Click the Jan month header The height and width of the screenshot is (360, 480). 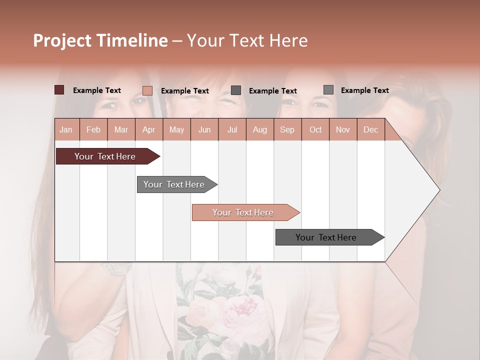point(66,129)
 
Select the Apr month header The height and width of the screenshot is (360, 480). point(148,129)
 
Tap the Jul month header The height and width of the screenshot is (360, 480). point(232,129)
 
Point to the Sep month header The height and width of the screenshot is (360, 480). point(287,129)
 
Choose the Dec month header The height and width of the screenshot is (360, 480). point(370,129)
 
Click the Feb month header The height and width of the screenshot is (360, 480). point(93,129)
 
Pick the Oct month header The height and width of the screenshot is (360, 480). point(315,129)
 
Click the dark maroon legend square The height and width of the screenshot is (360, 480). point(59,90)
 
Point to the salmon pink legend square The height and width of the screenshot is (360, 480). point(147,90)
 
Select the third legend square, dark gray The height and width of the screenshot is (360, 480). point(236,90)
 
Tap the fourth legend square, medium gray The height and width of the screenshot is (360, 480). point(328,90)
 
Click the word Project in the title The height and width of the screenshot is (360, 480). point(62,40)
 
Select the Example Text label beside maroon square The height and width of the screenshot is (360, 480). point(97,90)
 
